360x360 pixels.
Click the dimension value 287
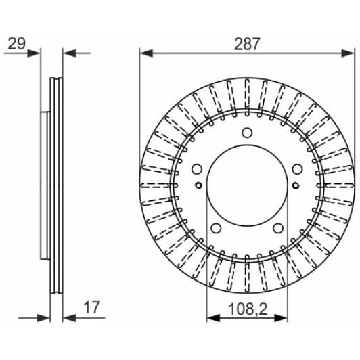point(248,44)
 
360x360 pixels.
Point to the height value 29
point(16,44)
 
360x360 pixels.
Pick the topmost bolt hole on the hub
point(247,133)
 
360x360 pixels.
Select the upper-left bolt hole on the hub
point(198,169)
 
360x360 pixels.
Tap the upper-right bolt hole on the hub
point(297,169)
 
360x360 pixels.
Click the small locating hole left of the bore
point(198,186)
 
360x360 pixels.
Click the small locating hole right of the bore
point(296,186)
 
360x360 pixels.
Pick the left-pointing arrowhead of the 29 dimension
point(68,53)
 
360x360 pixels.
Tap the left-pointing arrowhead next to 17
point(68,317)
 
